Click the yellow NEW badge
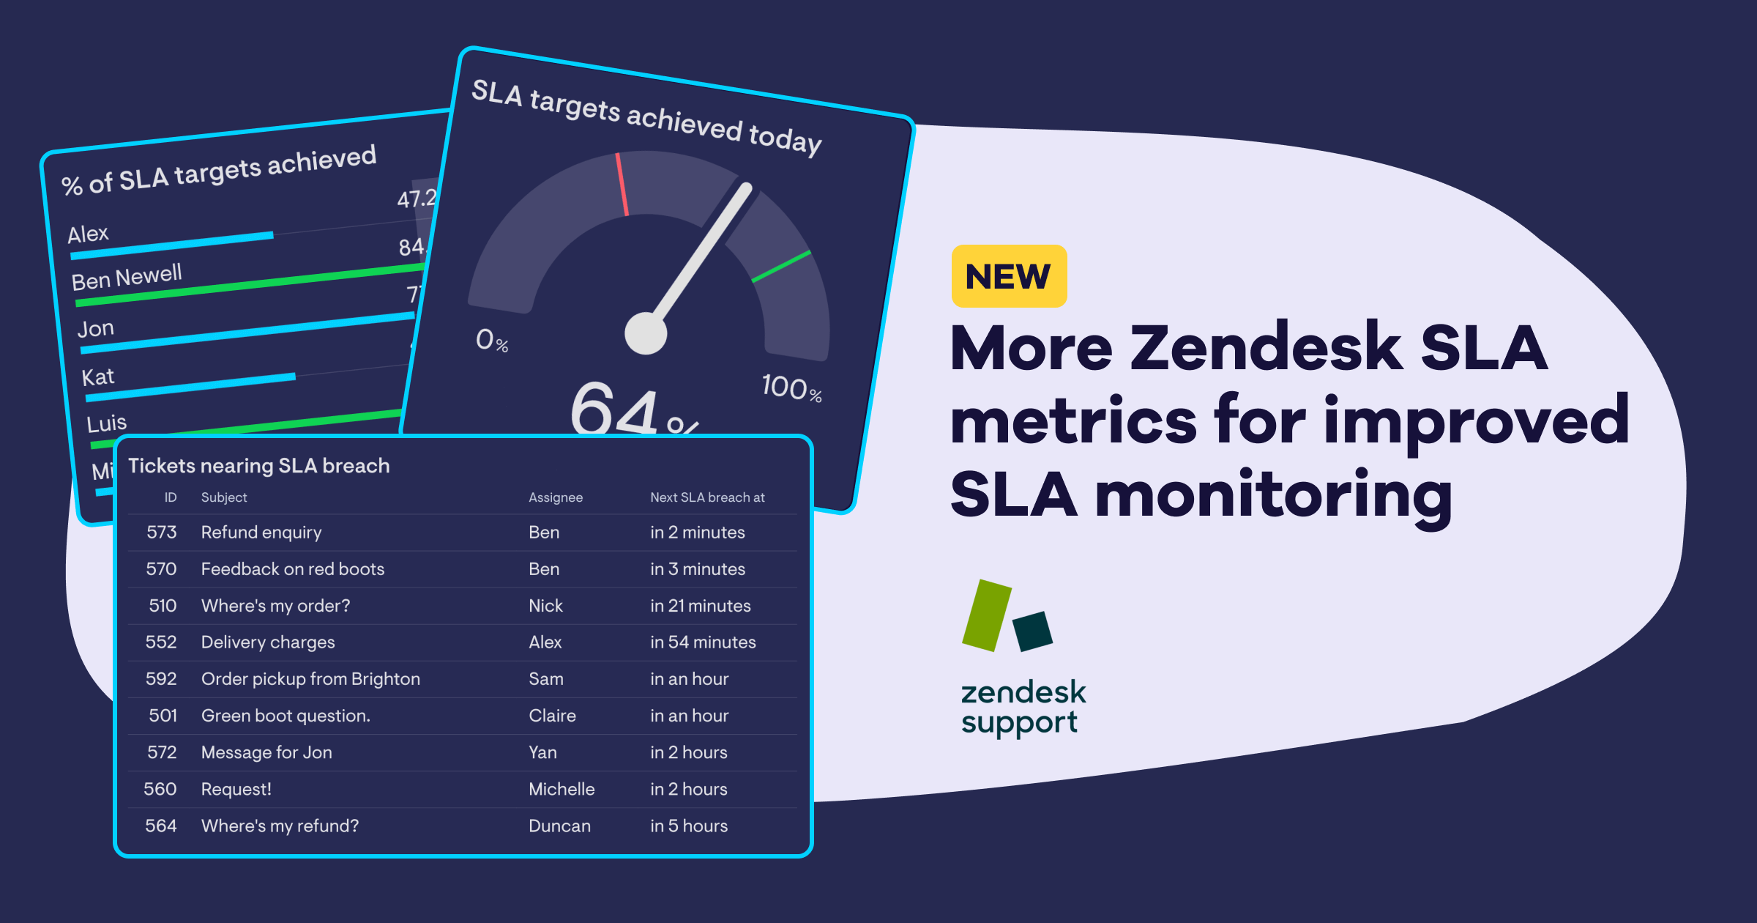coord(1009,276)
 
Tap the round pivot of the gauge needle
coord(646,333)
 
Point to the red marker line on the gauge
coord(622,184)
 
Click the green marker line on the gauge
coord(781,266)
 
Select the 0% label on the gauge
coord(491,341)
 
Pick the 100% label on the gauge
coord(791,388)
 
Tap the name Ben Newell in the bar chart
coord(127,277)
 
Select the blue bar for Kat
coord(190,387)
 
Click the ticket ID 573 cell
coord(162,533)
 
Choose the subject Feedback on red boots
coord(292,569)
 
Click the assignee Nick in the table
coord(545,606)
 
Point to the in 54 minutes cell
coord(703,642)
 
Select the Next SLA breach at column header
coord(707,497)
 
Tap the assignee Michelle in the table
coord(562,789)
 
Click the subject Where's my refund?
coord(280,826)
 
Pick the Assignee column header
coord(556,497)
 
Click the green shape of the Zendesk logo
coord(986,615)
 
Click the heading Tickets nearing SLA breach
coord(258,466)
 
